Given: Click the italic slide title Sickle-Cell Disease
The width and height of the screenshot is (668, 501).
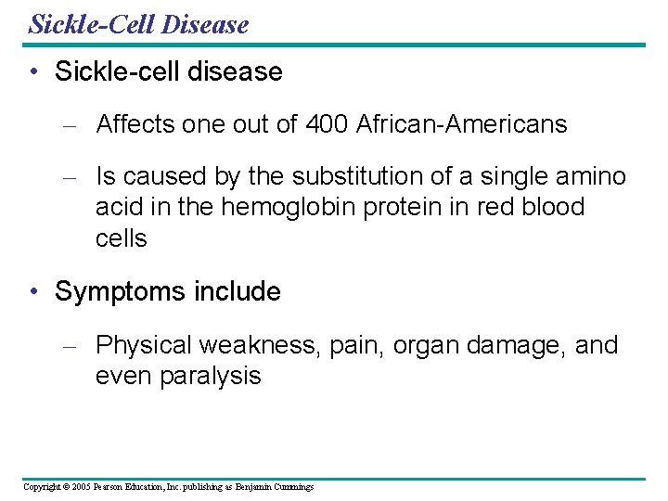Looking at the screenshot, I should [x=138, y=23].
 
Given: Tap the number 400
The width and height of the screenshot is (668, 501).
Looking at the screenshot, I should [x=326, y=124].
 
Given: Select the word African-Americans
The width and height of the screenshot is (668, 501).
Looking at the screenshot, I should [x=461, y=124].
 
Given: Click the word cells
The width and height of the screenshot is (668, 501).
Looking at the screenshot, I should [x=121, y=238].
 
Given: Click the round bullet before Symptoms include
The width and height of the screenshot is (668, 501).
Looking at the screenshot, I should [x=34, y=292].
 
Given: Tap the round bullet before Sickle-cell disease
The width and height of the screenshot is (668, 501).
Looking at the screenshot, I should [x=34, y=72].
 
